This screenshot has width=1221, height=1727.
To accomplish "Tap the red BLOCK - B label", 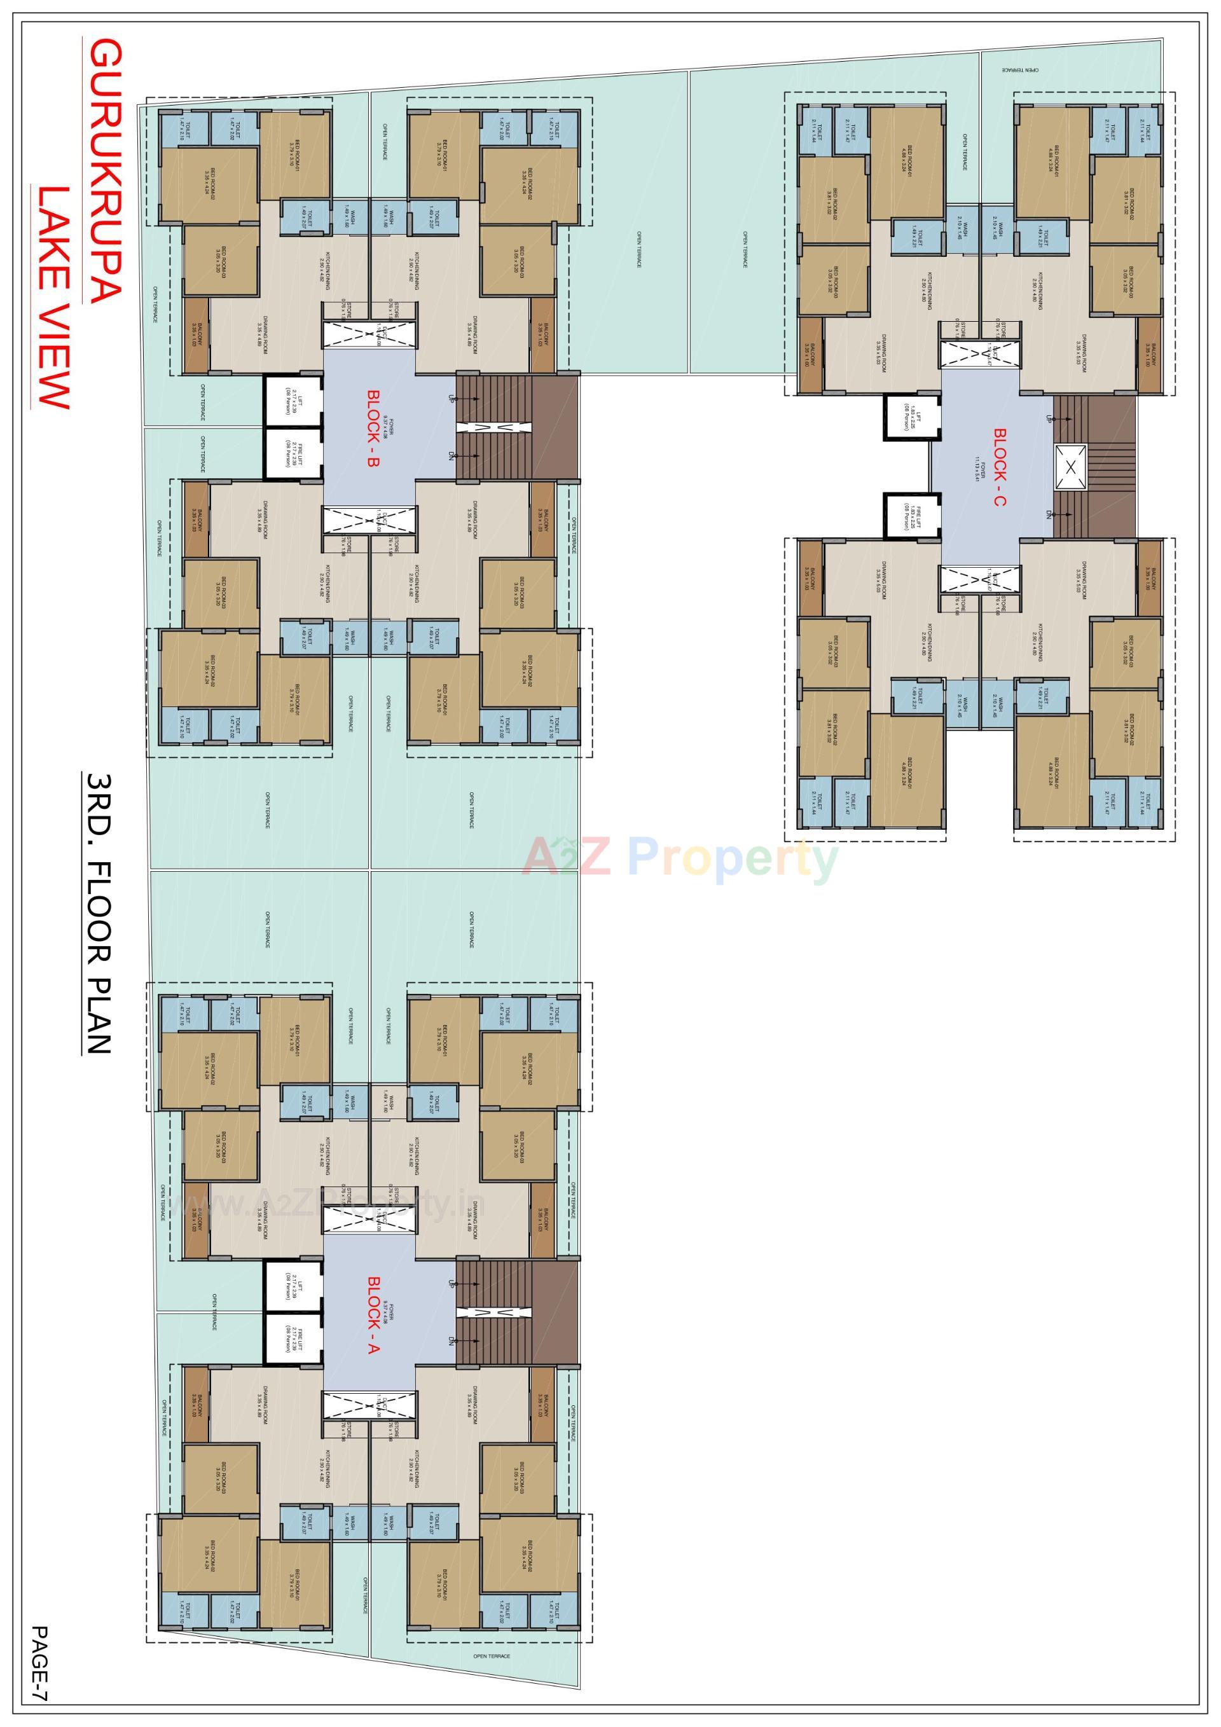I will click(373, 429).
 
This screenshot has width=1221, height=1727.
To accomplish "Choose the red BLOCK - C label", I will click(1000, 466).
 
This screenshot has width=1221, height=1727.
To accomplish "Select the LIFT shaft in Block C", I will click(911, 416).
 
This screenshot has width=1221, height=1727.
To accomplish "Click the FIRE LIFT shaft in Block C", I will click(911, 514).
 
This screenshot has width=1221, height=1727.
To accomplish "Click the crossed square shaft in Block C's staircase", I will click(1070, 466).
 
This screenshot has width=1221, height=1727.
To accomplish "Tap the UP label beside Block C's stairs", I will click(1048, 418).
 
